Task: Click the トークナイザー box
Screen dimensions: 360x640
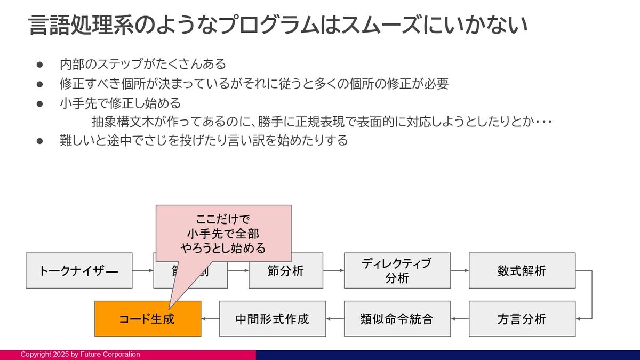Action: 79,270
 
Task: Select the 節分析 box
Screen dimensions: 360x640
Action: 285,270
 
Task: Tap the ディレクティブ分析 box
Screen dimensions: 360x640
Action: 397,270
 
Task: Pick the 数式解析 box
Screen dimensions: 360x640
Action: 522,270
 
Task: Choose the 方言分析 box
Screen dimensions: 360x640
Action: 522,319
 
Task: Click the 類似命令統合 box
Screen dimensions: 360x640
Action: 397,319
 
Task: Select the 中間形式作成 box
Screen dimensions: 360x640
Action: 272,319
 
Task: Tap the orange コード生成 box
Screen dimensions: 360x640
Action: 147,319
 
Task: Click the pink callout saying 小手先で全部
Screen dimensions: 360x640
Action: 223,234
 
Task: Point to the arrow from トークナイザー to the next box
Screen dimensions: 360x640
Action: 142,270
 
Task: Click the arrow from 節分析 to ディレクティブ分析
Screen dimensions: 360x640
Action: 333,270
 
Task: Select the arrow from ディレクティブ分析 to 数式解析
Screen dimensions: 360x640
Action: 459,270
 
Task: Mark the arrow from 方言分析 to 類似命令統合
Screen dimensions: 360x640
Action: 459,319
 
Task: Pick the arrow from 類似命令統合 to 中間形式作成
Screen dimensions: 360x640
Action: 334,319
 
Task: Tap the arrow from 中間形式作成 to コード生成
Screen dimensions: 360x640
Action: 210,319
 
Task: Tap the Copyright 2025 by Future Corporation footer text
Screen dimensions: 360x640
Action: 80,355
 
